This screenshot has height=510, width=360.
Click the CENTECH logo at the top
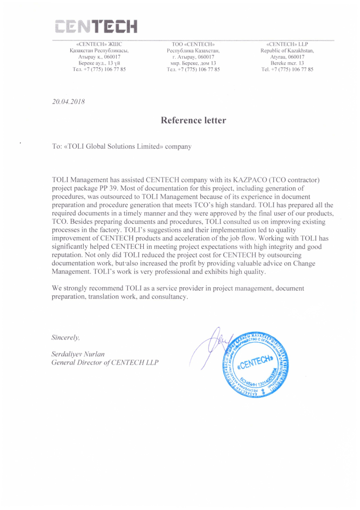(x=96, y=25)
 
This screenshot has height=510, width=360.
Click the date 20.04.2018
(x=68, y=101)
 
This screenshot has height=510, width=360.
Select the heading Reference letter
(x=193, y=120)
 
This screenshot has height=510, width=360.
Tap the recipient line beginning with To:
(x=121, y=145)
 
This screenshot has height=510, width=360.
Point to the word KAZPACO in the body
(x=248, y=181)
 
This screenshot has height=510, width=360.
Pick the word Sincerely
(x=66, y=337)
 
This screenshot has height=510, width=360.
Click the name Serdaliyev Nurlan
(x=78, y=354)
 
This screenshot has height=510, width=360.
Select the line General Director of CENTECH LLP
(x=104, y=362)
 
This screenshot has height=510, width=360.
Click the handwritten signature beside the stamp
(x=210, y=346)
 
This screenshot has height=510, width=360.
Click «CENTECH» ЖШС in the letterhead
(x=100, y=44)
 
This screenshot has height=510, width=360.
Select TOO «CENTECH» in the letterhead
(x=193, y=44)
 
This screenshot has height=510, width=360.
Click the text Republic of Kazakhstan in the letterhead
(x=287, y=50)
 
